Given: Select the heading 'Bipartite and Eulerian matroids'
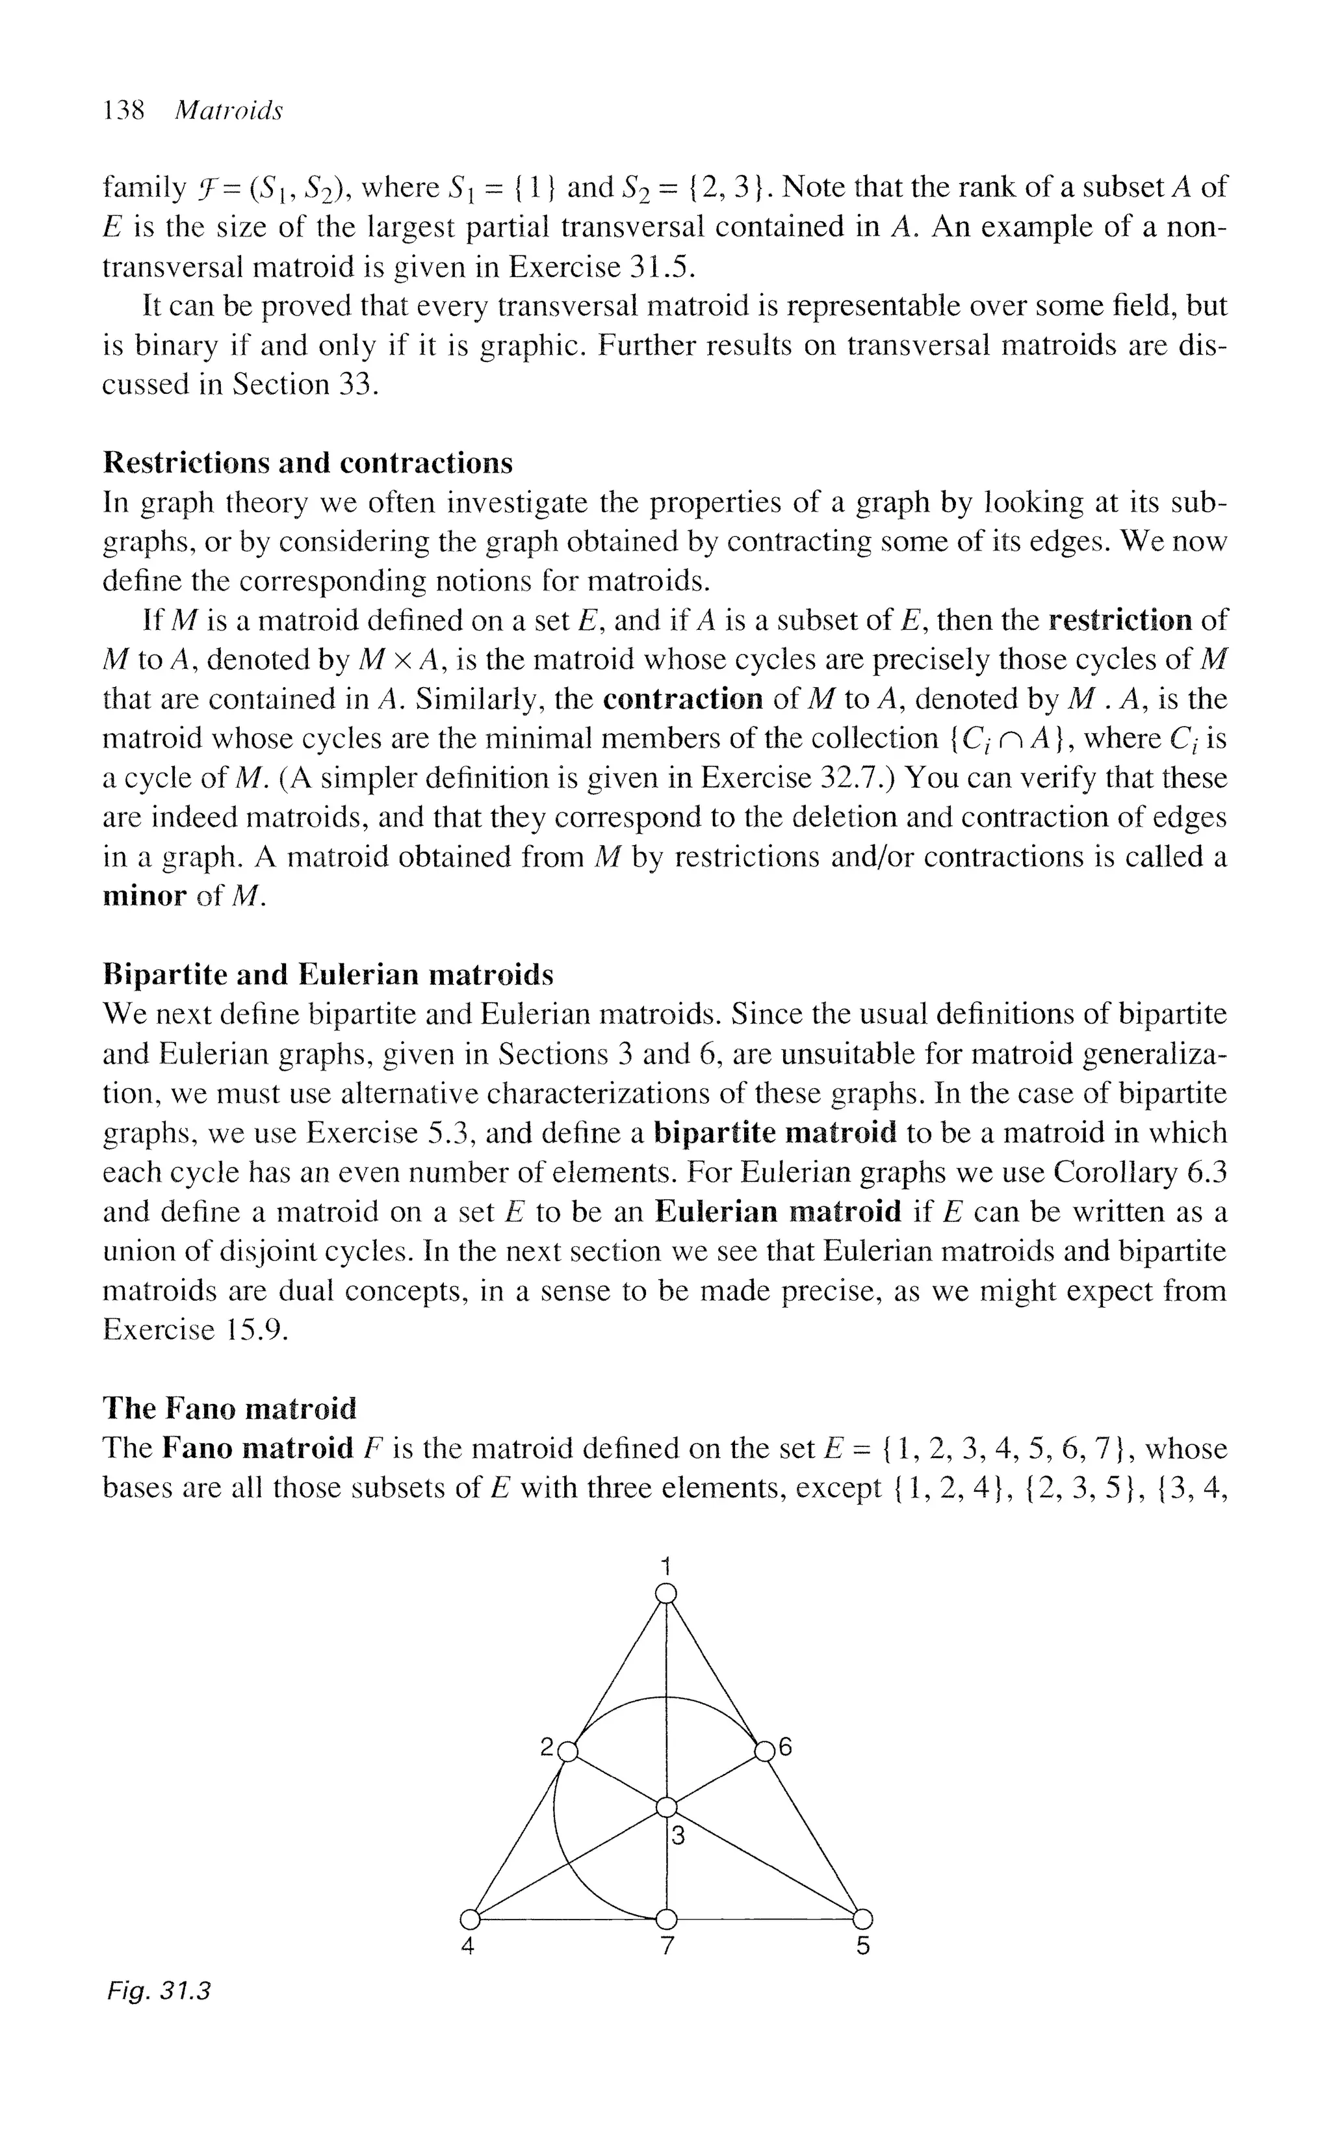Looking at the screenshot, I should pyautogui.click(x=328, y=974).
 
